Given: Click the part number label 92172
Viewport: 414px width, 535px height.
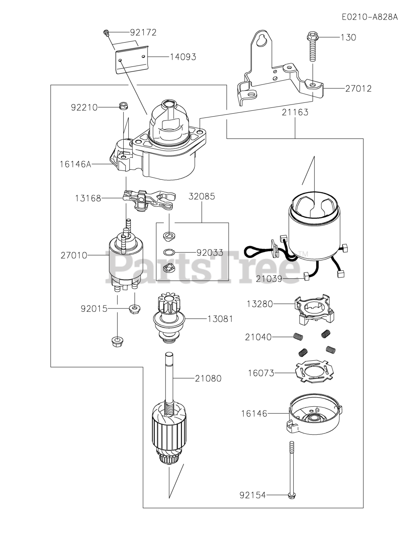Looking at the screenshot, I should tap(143, 33).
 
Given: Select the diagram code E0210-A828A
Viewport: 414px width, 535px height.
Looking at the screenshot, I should tap(369, 17).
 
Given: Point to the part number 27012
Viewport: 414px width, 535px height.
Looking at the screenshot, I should tap(358, 89).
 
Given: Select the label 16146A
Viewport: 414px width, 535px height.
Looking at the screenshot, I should tap(75, 164).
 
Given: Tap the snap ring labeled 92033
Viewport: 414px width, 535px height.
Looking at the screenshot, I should tap(168, 252).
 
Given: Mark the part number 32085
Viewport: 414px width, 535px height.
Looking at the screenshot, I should tap(202, 196).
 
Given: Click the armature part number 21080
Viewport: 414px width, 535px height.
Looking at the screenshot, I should tap(208, 379).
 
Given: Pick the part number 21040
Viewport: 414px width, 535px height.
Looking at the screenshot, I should tap(258, 336).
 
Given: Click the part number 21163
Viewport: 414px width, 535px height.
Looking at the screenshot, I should tap(295, 112).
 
